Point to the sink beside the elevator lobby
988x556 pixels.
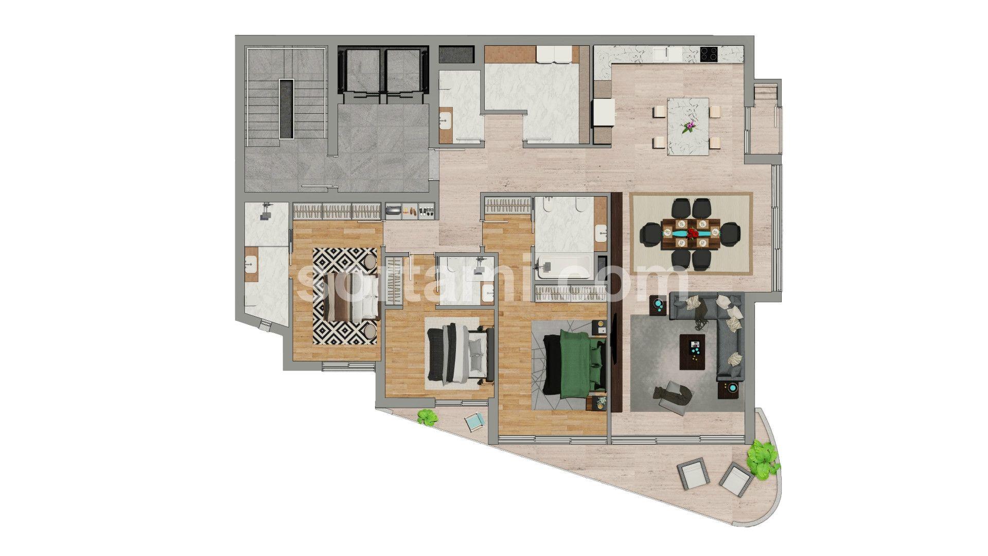[446, 122]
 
